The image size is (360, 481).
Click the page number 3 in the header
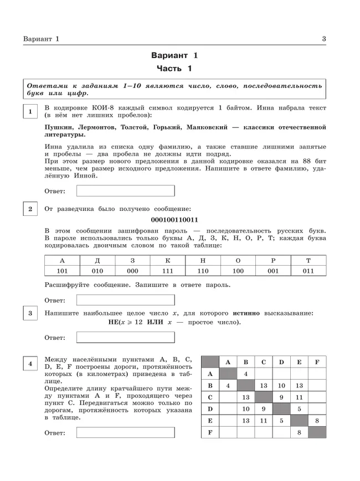[324, 38]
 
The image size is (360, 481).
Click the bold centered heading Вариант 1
[174, 55]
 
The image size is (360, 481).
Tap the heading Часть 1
[174, 69]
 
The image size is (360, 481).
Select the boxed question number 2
[30, 209]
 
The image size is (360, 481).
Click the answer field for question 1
[125, 191]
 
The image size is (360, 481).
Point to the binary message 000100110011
[174, 220]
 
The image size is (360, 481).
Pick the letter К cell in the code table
[168, 260]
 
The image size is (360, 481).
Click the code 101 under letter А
[62, 271]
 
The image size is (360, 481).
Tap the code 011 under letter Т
[308, 271]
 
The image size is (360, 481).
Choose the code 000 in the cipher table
[132, 271]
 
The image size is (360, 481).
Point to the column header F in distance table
[317, 362]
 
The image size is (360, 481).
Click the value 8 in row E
[317, 421]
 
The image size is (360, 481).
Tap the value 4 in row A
[245, 374]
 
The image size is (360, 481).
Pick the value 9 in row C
[281, 397]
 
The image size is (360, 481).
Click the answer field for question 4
[125, 433]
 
